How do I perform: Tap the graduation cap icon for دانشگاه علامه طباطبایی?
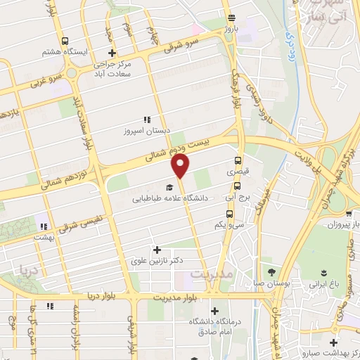(169, 188)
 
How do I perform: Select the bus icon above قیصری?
(238, 160)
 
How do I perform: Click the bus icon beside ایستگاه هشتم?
(65, 41)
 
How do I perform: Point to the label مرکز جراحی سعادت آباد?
(112, 69)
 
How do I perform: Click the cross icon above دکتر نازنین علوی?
(156, 250)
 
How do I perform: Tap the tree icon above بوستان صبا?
(271, 271)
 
